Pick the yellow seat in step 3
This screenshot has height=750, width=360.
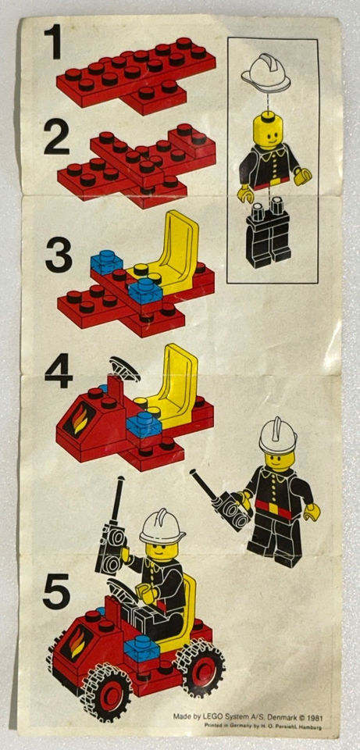point(173,251)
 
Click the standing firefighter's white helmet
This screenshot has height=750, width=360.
point(278,434)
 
